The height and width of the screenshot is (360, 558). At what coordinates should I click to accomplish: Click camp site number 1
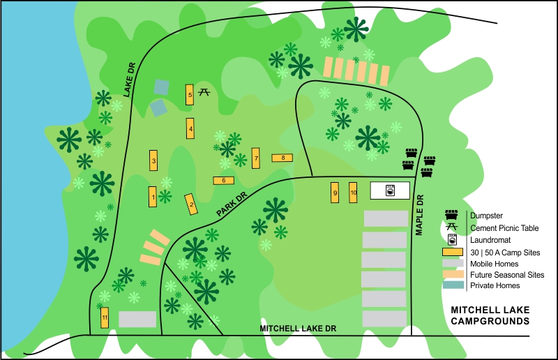point(152,197)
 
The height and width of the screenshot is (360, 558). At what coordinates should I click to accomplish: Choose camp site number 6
point(223,180)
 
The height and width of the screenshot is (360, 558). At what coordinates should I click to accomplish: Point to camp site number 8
point(282,158)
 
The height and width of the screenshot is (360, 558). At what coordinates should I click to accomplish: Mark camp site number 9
point(335,193)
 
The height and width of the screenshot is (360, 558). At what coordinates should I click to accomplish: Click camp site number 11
point(105,318)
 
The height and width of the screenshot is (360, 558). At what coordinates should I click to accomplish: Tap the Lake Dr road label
point(129,80)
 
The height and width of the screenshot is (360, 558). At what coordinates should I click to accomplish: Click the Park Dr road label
point(232,205)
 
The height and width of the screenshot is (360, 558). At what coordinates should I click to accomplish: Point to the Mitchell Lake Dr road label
point(298,328)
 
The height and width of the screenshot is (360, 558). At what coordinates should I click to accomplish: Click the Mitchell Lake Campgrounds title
point(490,315)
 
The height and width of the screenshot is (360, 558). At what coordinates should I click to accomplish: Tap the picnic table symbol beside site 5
point(204,91)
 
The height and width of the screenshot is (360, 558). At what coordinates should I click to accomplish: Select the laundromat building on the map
point(389,190)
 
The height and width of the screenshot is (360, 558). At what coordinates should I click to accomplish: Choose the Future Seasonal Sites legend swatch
point(453,275)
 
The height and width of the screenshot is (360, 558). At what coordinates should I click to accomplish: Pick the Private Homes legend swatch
point(453,285)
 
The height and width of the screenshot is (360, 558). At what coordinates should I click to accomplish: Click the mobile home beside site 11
point(137,320)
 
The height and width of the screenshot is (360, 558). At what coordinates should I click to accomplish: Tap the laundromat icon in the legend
point(453,239)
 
